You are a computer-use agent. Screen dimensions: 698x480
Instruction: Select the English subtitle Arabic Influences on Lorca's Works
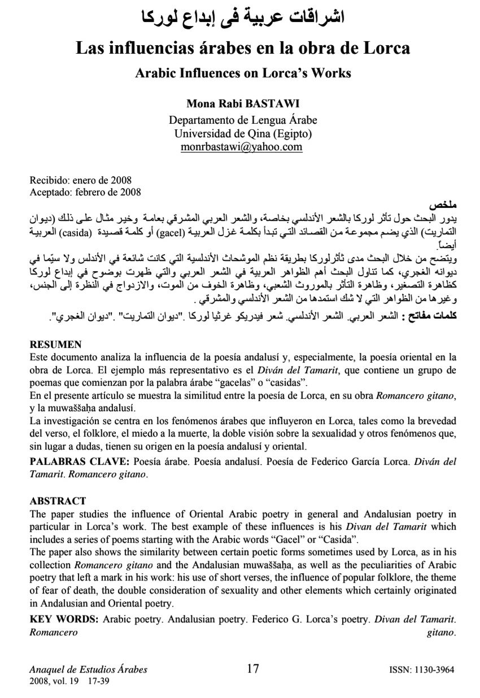click(243, 73)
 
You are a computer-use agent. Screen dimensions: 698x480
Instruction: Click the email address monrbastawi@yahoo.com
click(242, 147)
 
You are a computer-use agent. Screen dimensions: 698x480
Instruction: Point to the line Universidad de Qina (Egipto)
click(243, 134)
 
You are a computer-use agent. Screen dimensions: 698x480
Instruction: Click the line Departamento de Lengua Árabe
click(243, 120)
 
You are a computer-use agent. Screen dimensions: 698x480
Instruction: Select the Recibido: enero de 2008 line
click(80, 181)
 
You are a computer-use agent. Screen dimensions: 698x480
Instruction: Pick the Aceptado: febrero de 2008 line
click(85, 191)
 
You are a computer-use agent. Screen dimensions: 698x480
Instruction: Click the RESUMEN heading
click(55, 344)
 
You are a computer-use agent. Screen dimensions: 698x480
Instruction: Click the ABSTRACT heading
click(58, 501)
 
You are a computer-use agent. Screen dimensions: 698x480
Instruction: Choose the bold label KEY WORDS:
click(65, 620)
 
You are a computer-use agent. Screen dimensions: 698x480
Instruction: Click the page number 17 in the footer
click(253, 669)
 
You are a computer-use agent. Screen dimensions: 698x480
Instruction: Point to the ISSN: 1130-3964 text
click(422, 670)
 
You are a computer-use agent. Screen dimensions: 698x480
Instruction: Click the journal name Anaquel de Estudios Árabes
click(88, 670)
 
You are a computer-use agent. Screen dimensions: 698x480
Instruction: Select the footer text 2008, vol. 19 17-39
click(69, 681)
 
